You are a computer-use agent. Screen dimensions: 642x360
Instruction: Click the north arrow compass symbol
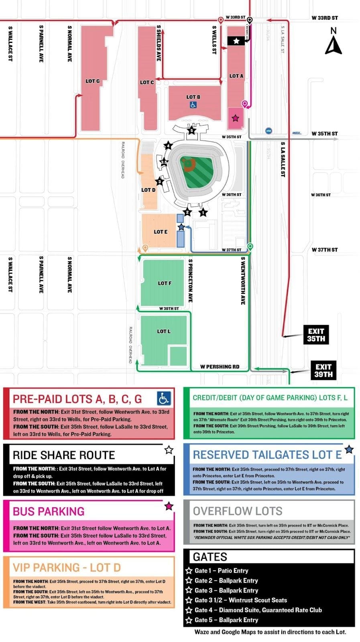333,41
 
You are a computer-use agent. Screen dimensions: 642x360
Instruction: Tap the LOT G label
93,81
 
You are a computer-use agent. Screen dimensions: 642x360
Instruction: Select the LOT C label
147,82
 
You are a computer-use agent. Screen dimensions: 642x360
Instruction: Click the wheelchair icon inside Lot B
193,105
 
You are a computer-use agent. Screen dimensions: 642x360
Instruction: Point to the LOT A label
236,76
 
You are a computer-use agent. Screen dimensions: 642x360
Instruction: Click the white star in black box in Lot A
236,41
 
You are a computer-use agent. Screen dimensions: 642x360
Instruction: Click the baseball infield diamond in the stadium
189,163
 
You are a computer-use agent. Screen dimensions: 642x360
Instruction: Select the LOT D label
148,190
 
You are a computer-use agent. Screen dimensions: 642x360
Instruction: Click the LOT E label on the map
161,232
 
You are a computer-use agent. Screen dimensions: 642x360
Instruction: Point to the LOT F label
165,283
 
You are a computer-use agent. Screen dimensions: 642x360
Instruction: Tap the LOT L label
164,331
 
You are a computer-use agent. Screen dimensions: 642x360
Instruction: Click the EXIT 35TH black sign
316,335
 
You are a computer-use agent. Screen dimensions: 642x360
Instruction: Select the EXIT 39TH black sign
323,370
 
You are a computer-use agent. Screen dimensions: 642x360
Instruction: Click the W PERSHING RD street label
220,366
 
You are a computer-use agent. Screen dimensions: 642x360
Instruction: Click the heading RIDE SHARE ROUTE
64,455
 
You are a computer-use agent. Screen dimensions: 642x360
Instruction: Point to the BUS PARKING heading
49,511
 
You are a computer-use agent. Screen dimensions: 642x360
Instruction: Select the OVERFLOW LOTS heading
238,511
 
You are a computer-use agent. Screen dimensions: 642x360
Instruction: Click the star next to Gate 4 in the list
189,610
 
